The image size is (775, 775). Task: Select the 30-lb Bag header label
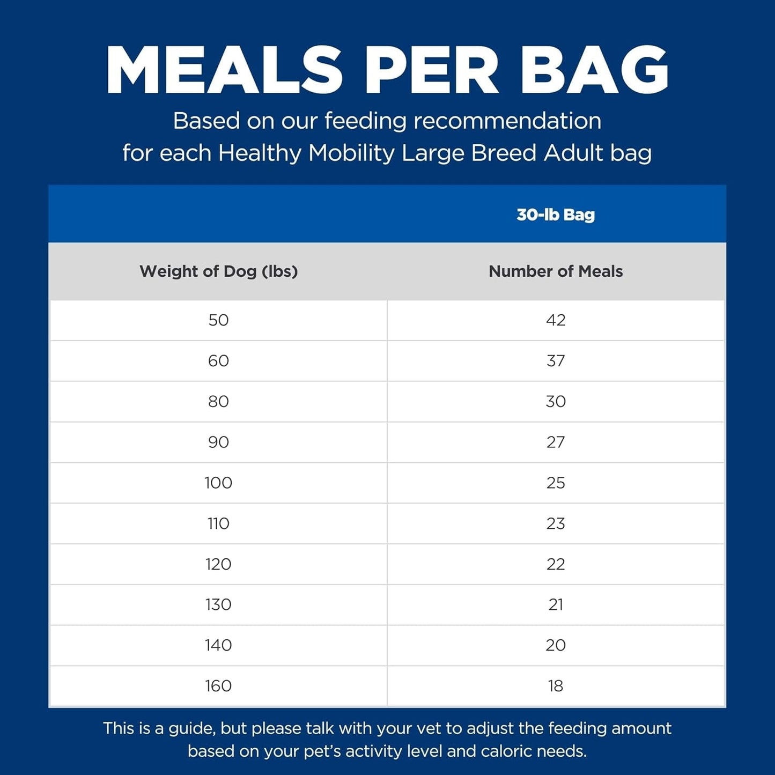coord(556,215)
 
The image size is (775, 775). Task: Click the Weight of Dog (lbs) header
coord(218,271)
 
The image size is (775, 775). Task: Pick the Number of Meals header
coord(556,271)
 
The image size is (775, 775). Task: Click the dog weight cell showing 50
coord(218,320)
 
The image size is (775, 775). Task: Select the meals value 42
coord(556,320)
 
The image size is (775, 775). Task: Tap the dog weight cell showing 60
coord(218,361)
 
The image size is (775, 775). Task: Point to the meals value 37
coord(556,361)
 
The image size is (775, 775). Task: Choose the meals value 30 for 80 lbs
coord(556,402)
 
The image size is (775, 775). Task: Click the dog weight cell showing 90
coord(218,442)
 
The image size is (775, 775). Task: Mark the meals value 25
coord(556,483)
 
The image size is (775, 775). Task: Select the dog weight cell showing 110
coord(218,523)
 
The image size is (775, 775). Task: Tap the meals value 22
coord(556,564)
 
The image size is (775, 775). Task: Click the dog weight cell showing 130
coord(218,604)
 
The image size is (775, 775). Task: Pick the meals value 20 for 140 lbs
coord(556,645)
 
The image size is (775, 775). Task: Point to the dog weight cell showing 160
coord(218,686)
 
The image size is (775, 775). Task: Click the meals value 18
coord(556,686)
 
